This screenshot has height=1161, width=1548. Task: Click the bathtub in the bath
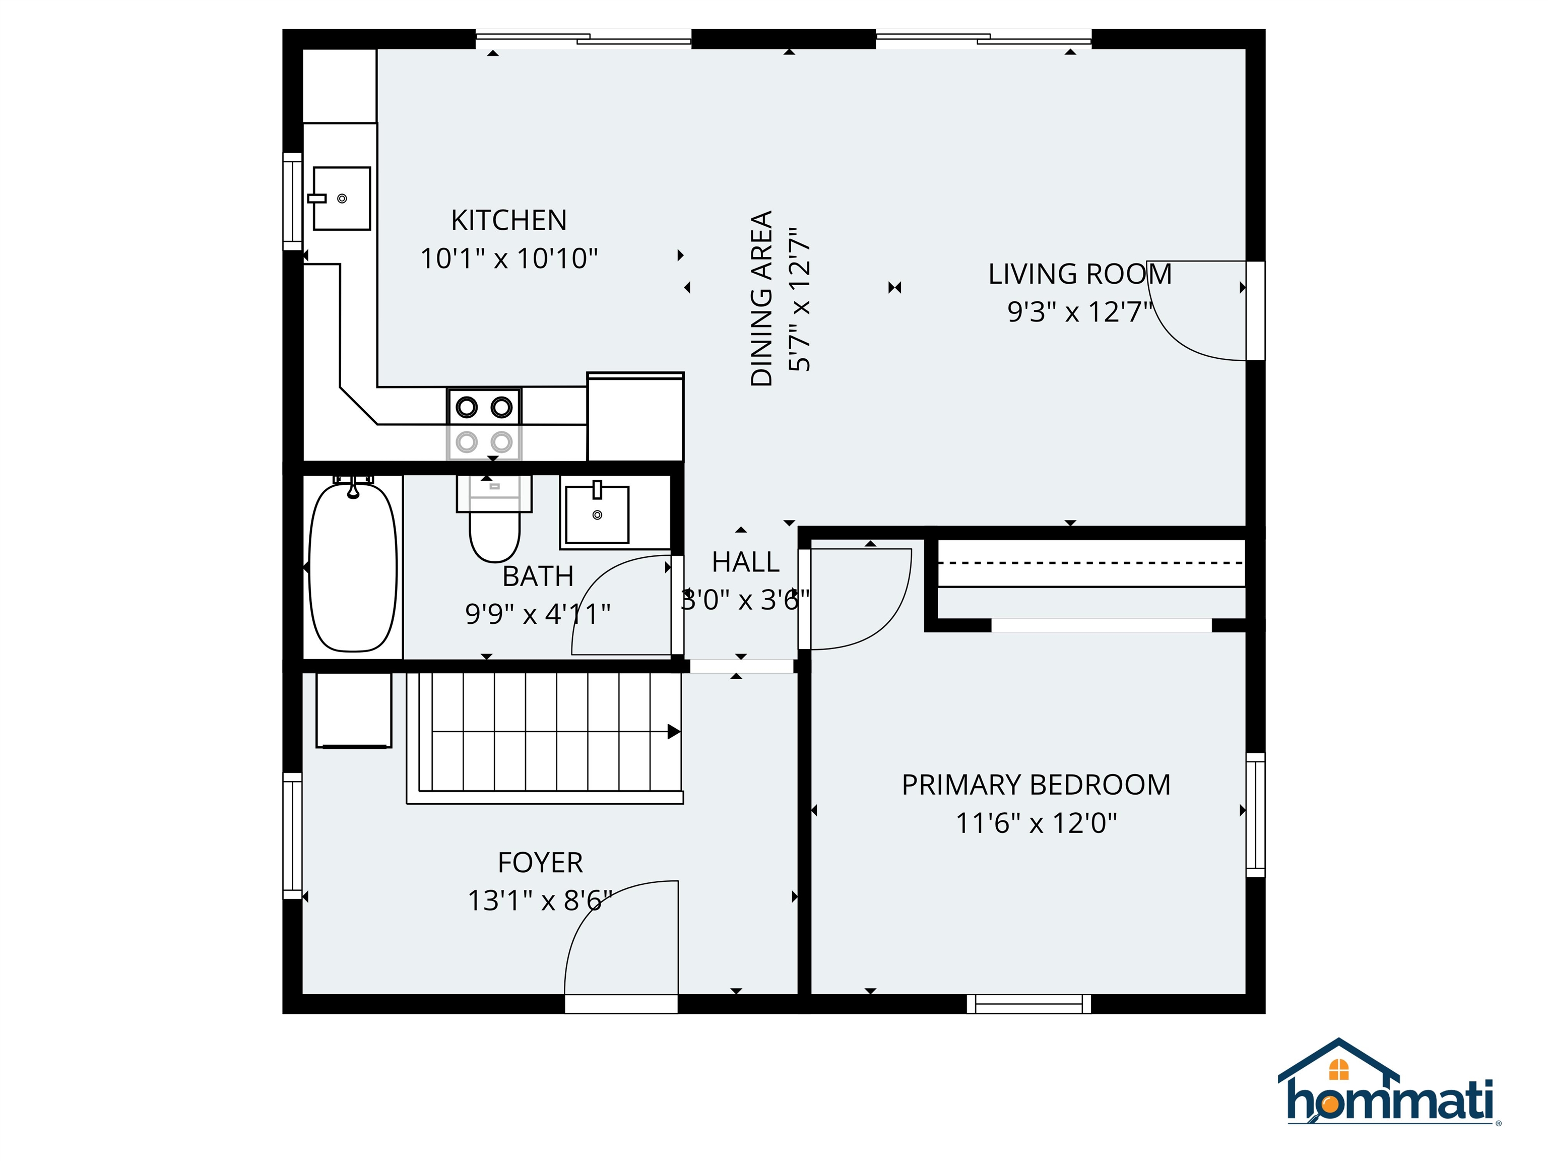[353, 567]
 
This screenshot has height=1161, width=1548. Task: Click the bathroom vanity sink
[597, 515]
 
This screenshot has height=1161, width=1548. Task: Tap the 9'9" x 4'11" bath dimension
[538, 614]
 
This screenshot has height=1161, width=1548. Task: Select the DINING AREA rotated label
[761, 298]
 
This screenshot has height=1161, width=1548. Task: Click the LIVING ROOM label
[1079, 274]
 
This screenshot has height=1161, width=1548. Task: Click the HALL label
[745, 562]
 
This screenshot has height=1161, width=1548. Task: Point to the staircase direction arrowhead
[673, 732]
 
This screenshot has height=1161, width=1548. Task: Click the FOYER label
[540, 862]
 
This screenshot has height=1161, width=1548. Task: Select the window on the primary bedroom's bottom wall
[1029, 1004]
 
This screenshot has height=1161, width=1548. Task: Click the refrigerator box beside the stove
[635, 418]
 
